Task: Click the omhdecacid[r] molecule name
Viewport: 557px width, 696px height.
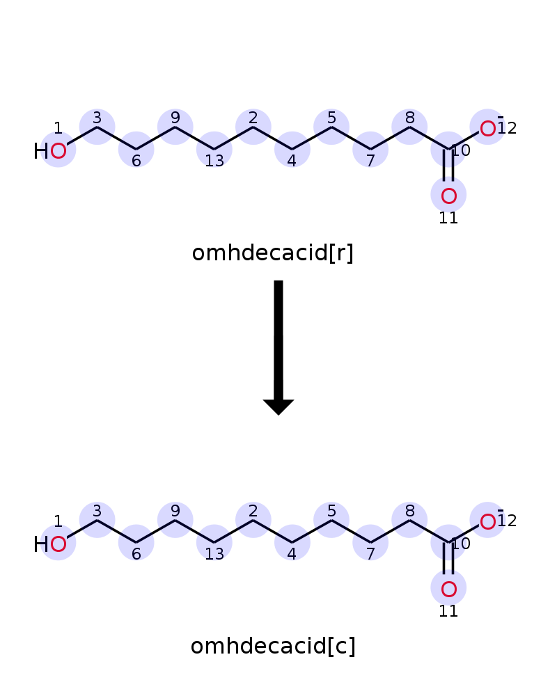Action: (272, 253)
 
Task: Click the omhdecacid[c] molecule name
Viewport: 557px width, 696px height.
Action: (273, 647)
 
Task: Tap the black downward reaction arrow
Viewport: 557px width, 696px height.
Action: (278, 347)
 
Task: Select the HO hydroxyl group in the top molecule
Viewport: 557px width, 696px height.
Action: (50, 151)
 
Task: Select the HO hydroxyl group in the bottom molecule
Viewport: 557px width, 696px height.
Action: (50, 544)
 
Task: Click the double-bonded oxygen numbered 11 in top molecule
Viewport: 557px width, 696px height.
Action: (448, 196)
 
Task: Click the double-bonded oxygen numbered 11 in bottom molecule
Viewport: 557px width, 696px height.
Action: (448, 589)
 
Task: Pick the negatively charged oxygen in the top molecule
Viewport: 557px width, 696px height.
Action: (487, 129)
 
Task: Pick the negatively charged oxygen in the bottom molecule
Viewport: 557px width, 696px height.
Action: (487, 522)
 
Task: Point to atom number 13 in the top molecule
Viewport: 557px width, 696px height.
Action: (214, 150)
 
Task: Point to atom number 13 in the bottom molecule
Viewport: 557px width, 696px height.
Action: (214, 542)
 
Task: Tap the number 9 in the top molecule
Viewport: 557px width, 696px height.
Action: (175, 118)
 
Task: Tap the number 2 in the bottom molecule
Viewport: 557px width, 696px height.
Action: (253, 511)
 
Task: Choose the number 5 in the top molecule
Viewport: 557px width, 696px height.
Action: (331, 118)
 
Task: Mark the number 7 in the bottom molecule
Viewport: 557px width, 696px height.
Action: (370, 553)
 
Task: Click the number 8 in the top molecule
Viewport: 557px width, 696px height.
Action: (409, 118)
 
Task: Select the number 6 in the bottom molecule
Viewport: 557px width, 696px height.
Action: (136, 553)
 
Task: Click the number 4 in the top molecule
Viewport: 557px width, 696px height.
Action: (292, 160)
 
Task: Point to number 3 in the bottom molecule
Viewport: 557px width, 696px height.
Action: (97, 511)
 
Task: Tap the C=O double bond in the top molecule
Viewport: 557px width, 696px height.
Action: (448, 165)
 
